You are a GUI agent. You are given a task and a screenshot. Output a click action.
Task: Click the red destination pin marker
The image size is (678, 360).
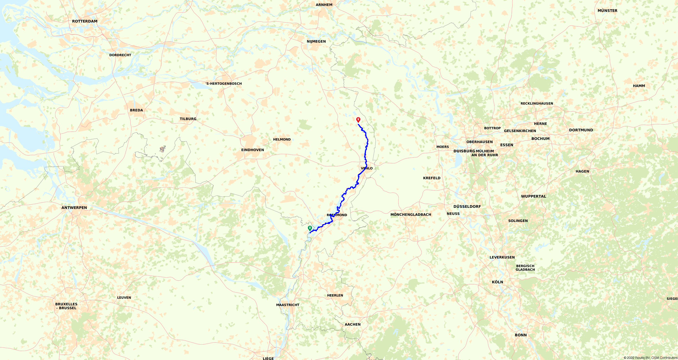[x=358, y=120]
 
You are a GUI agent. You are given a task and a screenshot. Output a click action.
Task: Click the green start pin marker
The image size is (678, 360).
[x=310, y=228]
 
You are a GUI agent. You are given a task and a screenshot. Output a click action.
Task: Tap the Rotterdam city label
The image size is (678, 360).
[x=85, y=21]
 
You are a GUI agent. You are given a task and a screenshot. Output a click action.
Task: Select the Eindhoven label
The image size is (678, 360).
[x=252, y=150]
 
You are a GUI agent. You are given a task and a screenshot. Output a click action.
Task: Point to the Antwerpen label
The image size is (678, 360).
[x=74, y=208]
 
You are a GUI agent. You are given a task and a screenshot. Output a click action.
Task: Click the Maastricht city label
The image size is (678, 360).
[x=288, y=305]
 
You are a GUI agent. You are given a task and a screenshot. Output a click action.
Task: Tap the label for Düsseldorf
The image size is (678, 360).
[x=467, y=207]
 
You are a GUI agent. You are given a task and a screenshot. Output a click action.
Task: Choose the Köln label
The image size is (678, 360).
[x=497, y=282]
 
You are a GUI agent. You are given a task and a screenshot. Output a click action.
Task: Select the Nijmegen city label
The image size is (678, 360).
[x=316, y=42]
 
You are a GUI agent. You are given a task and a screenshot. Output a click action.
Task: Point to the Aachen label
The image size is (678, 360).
[x=352, y=324]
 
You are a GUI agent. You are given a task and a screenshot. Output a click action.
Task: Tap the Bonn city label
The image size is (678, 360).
[x=521, y=335]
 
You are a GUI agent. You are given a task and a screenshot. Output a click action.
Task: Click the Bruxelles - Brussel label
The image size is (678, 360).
[x=66, y=306]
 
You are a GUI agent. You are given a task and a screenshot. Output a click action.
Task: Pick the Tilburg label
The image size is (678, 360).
[x=188, y=119]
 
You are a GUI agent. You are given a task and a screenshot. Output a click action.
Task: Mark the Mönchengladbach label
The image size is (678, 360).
[x=411, y=215]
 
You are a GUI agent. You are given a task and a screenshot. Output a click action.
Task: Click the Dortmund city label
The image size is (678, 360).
[x=581, y=130]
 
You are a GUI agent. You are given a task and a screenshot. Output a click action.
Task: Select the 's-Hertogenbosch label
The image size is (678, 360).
[x=223, y=84]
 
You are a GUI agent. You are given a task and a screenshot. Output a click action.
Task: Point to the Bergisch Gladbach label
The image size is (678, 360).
[x=525, y=268]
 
